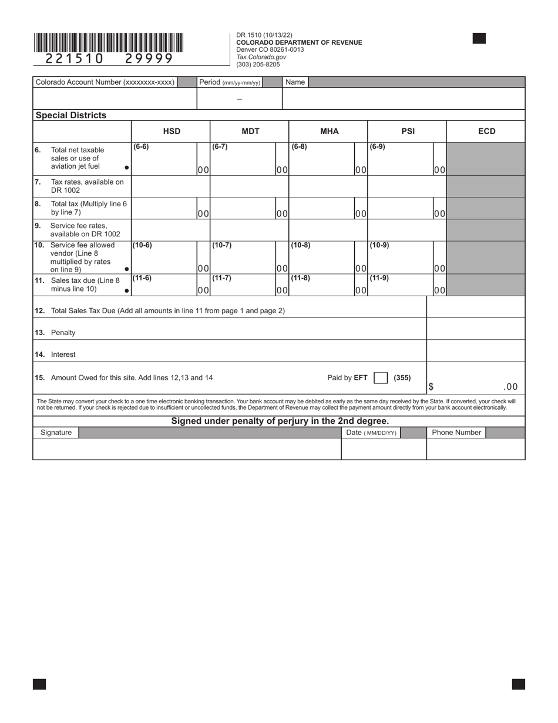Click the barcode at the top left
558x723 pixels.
109,43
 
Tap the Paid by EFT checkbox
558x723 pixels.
381,378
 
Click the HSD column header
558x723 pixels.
172,131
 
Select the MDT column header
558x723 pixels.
250,131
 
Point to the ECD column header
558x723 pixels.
486,131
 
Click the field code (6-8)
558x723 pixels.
299,147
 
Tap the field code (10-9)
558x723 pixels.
378,245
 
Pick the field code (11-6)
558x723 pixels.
142,278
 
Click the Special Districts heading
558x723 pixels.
71,115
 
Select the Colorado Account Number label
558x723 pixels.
105,82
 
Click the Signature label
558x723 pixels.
56,433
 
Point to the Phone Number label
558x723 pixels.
456,433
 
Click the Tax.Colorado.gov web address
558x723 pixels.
261,57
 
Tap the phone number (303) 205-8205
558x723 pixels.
258,65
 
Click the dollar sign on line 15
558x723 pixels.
431,387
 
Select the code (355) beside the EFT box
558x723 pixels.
402,378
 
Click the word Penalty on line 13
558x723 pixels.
63,333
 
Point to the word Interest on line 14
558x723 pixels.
63,354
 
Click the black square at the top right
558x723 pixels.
479,39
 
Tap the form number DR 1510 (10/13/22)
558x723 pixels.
264,35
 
